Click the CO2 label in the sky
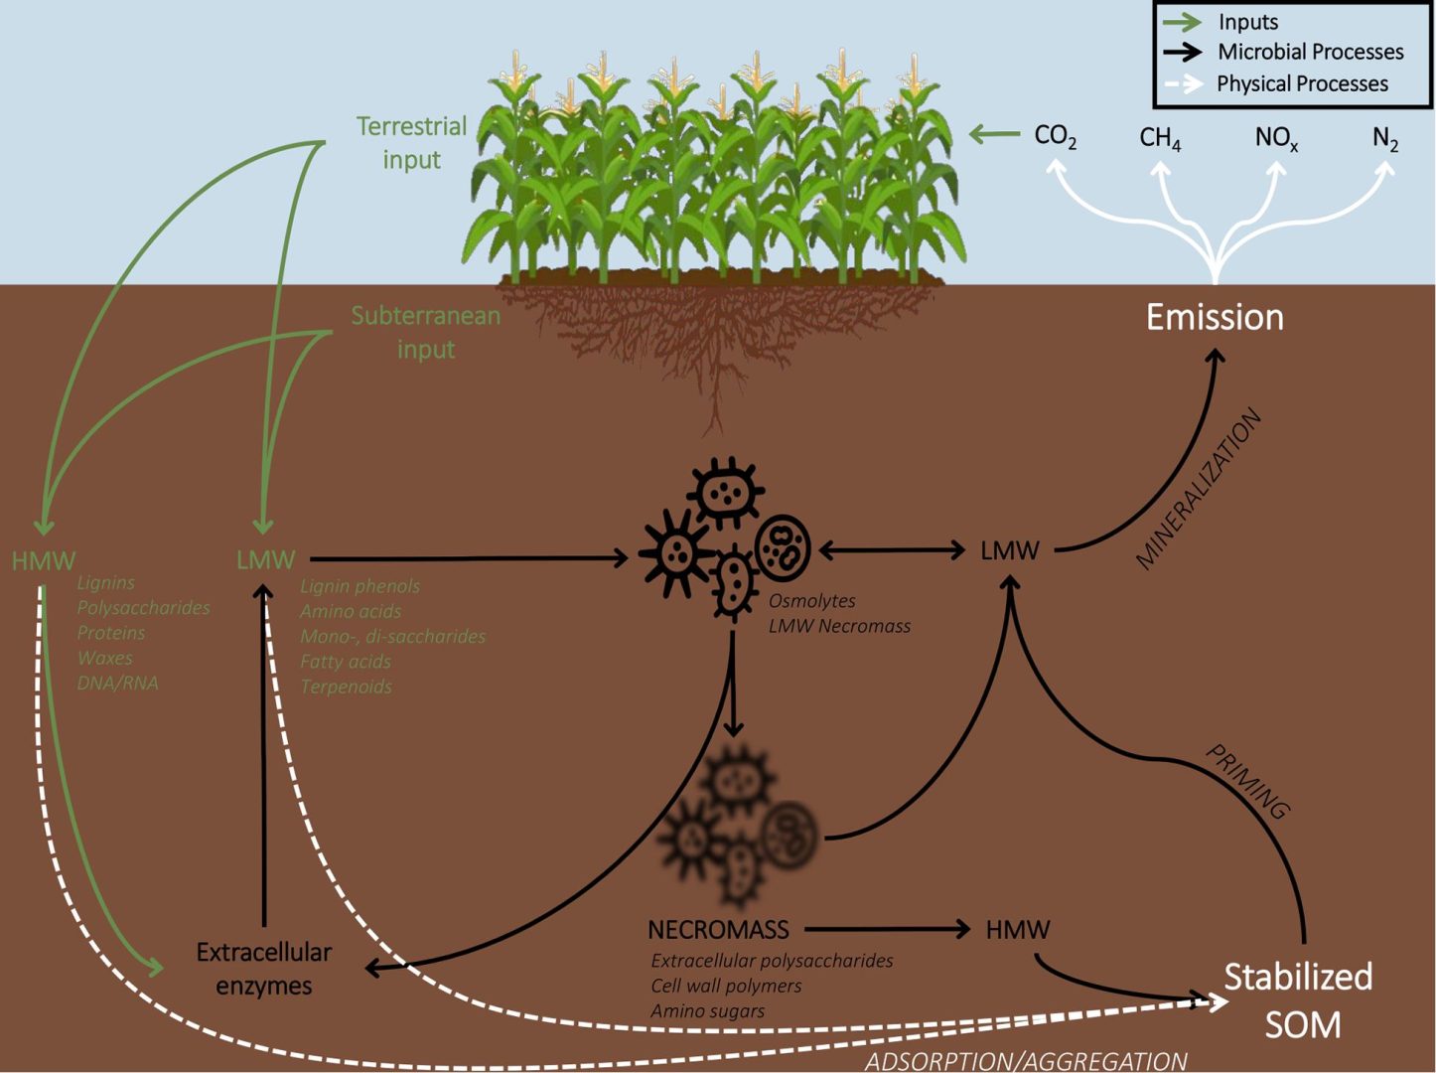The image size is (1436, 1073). click(x=1055, y=136)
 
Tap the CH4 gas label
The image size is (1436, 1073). click(x=1160, y=138)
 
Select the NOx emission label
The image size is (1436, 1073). click(x=1276, y=138)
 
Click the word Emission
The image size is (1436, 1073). click(x=1215, y=317)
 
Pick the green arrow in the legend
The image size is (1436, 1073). click(x=1182, y=22)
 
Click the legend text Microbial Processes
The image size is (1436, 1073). click(x=1310, y=52)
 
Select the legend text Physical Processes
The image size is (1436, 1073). click(x=1302, y=83)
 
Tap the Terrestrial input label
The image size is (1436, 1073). click(x=411, y=142)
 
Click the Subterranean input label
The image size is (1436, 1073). click(x=426, y=332)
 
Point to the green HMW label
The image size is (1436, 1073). click(x=43, y=561)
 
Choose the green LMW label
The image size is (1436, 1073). click(x=265, y=560)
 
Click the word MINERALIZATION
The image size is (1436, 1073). click(x=1199, y=490)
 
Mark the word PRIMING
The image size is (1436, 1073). click(x=1247, y=782)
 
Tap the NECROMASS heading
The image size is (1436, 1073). click(x=718, y=930)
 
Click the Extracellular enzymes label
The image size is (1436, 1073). click(x=264, y=969)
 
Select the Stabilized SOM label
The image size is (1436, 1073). click(x=1298, y=999)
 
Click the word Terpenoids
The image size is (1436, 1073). click(x=346, y=687)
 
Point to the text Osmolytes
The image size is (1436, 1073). click(x=811, y=601)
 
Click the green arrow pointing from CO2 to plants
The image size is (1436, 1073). click(x=995, y=134)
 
